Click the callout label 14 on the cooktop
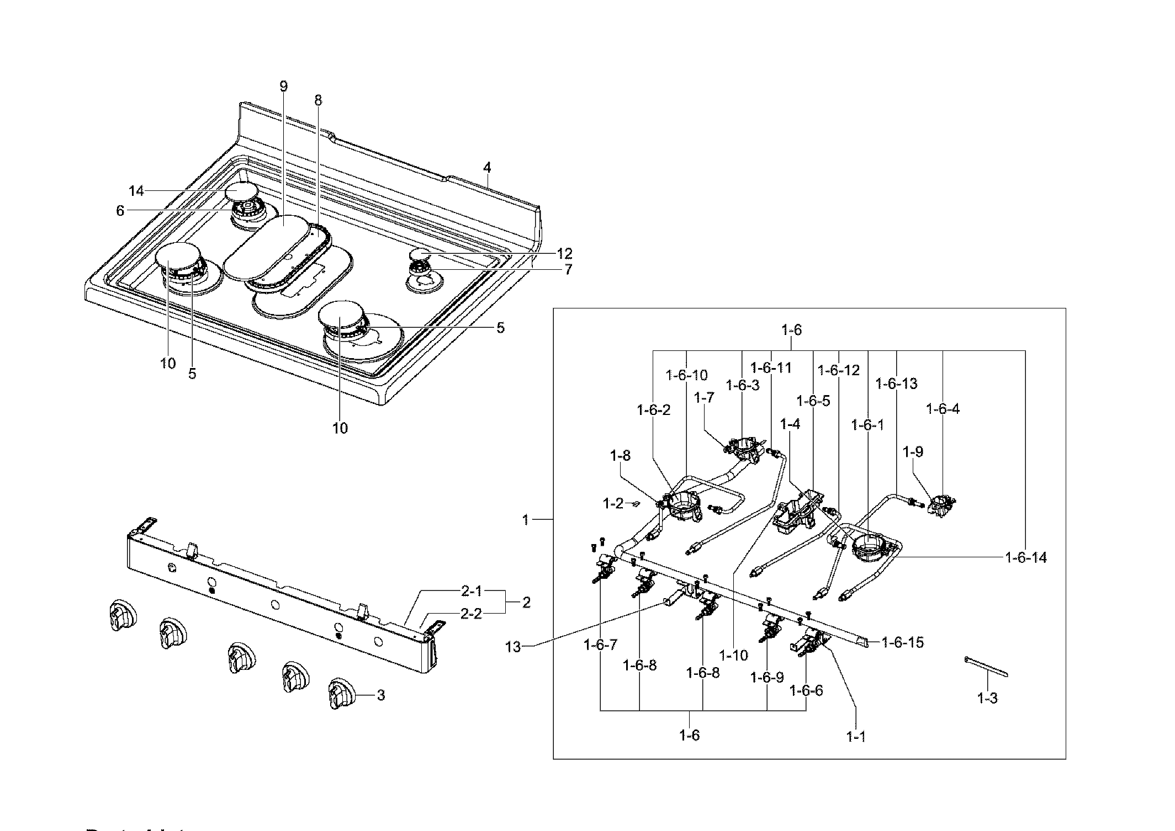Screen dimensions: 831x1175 point(136,191)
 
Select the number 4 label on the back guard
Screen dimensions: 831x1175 point(487,168)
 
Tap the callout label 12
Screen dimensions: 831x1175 point(564,254)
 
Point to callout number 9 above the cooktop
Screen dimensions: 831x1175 point(283,87)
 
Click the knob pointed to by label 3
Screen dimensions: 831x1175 point(338,694)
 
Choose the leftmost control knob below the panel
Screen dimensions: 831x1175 point(120,614)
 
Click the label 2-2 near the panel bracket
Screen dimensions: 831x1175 point(471,614)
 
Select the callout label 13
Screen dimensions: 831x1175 point(513,647)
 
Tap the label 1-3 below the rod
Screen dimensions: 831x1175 point(987,699)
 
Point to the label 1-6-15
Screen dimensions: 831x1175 point(903,642)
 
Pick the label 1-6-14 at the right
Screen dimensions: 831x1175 point(1025,558)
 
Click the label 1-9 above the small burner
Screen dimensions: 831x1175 point(913,452)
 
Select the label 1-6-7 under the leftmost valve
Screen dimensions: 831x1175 point(600,644)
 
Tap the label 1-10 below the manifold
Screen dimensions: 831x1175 point(734,655)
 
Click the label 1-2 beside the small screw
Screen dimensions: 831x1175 point(613,503)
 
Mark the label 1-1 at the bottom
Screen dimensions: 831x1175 point(856,737)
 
